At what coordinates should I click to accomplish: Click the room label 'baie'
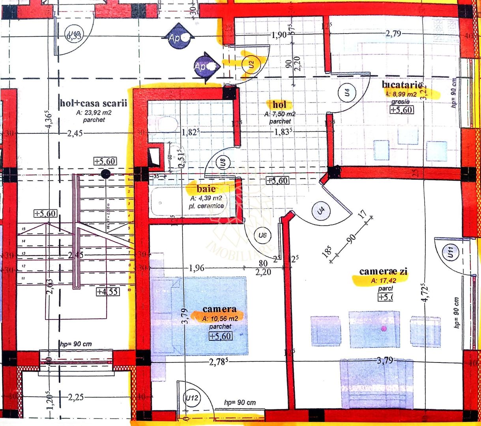tap(206, 189)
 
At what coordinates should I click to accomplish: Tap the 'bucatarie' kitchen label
tap(402, 84)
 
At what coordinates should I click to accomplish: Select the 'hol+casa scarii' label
tap(94, 104)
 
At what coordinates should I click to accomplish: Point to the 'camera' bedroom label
tap(219, 309)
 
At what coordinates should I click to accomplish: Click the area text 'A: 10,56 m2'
tap(220, 318)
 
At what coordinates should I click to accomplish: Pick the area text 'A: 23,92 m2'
tap(94, 113)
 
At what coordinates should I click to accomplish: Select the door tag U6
tap(262, 235)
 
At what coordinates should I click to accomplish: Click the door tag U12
tap(192, 398)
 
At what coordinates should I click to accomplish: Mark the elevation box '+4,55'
tap(107, 292)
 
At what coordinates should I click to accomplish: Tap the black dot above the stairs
tap(105, 174)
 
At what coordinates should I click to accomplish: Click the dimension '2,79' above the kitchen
tap(393, 34)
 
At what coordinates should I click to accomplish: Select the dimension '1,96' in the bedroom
tap(197, 269)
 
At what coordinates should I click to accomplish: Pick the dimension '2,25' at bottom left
tap(75, 397)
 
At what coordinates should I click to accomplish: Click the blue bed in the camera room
tap(200, 316)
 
